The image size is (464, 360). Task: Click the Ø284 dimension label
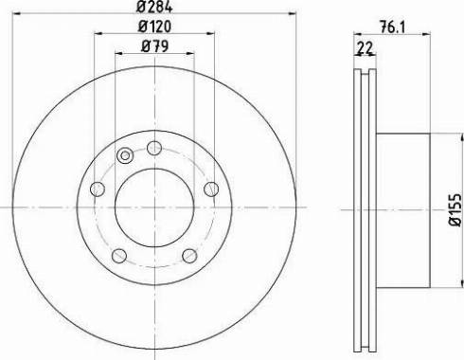[x=154, y=7]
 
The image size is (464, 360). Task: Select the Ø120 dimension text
[x=154, y=27]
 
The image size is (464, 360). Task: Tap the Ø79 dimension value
[x=154, y=46]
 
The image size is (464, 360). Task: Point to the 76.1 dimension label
[x=392, y=27]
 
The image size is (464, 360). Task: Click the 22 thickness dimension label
[x=366, y=47]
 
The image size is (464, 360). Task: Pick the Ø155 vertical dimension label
[x=455, y=210]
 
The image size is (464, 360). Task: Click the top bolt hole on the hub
[x=154, y=148]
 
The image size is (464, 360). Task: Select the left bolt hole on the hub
[x=98, y=189]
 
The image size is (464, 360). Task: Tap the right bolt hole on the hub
[x=211, y=189]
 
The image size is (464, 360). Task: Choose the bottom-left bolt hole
[x=119, y=256]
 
